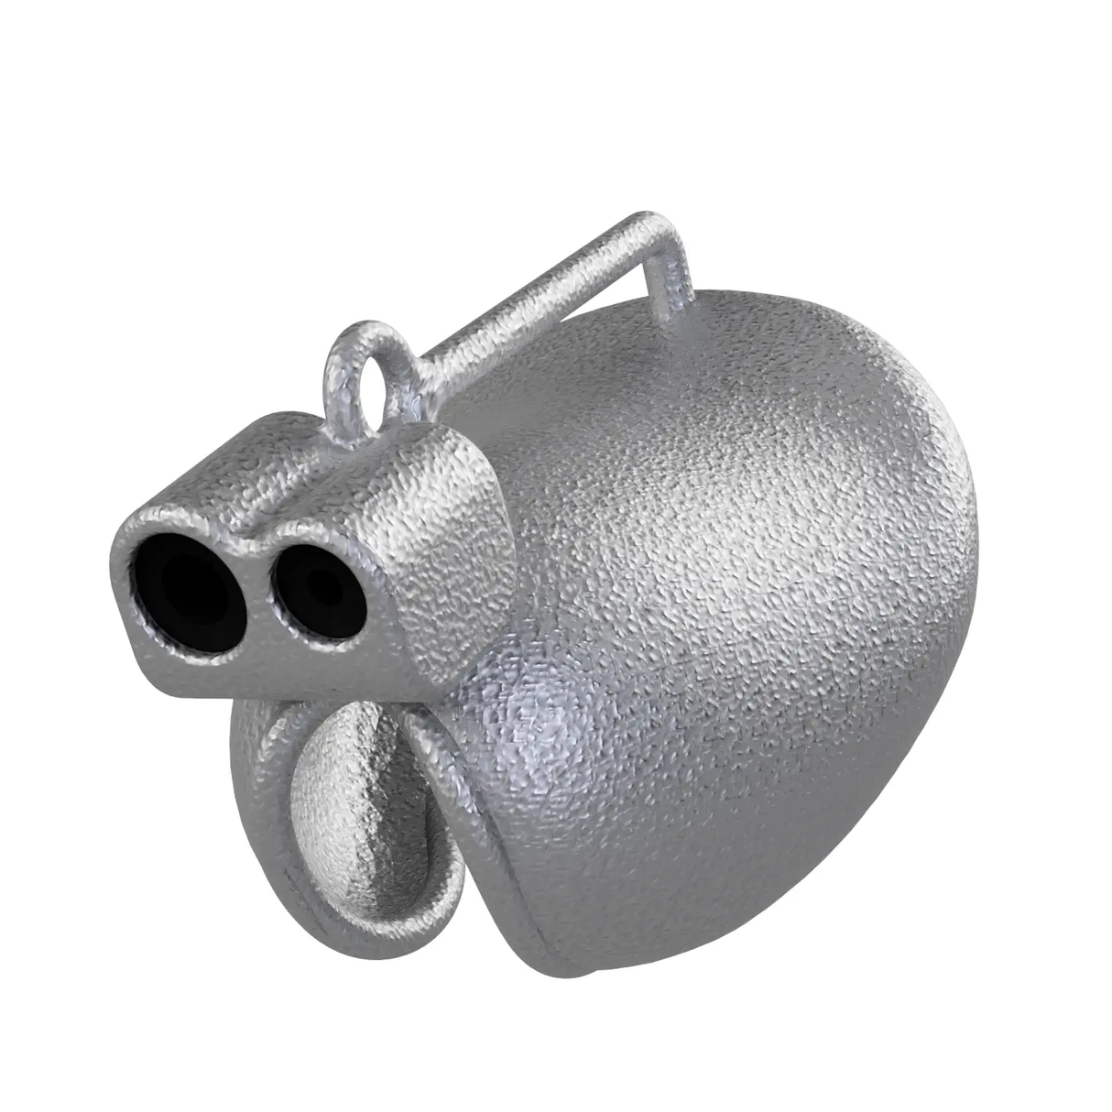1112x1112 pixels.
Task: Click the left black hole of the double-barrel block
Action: tap(188, 587)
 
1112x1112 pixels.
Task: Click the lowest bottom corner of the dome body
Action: tap(586, 971)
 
